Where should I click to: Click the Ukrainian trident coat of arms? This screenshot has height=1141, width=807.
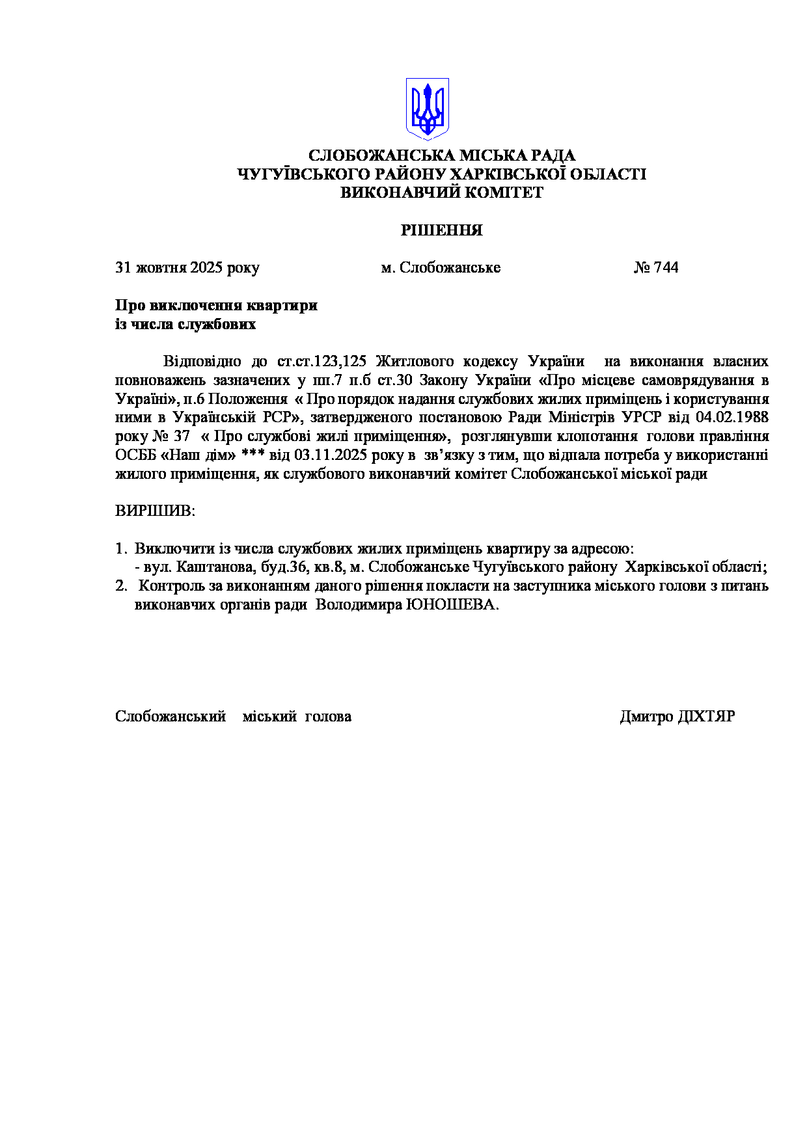pos(428,109)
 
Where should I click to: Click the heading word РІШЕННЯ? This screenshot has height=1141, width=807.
pos(441,230)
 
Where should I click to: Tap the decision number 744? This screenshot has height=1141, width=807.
pos(665,267)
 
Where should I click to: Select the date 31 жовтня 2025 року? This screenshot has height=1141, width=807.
pos(187,267)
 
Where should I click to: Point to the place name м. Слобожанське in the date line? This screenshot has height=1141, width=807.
pos(441,267)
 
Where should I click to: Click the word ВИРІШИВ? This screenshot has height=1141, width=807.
pos(155,511)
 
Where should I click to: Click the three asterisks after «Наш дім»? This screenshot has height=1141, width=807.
pos(253,455)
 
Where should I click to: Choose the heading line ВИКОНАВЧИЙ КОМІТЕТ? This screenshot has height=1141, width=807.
pos(441,193)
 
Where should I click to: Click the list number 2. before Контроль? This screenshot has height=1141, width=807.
pos(121,585)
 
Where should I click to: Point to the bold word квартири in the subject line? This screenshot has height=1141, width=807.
pos(287,305)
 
